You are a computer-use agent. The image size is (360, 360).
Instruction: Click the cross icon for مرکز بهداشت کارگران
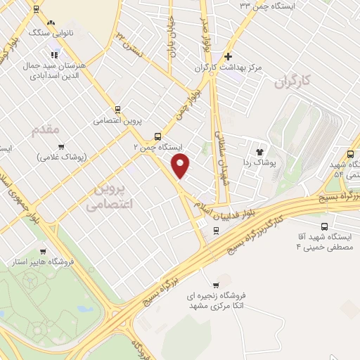pos(227,56)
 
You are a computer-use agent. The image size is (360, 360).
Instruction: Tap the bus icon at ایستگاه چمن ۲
pos(157,136)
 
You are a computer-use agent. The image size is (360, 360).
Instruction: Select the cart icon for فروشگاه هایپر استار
pos(44,251)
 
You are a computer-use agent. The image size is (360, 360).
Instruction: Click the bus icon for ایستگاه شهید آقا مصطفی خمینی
pos(324,226)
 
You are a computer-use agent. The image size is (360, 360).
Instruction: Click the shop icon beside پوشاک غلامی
pos(61,147)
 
